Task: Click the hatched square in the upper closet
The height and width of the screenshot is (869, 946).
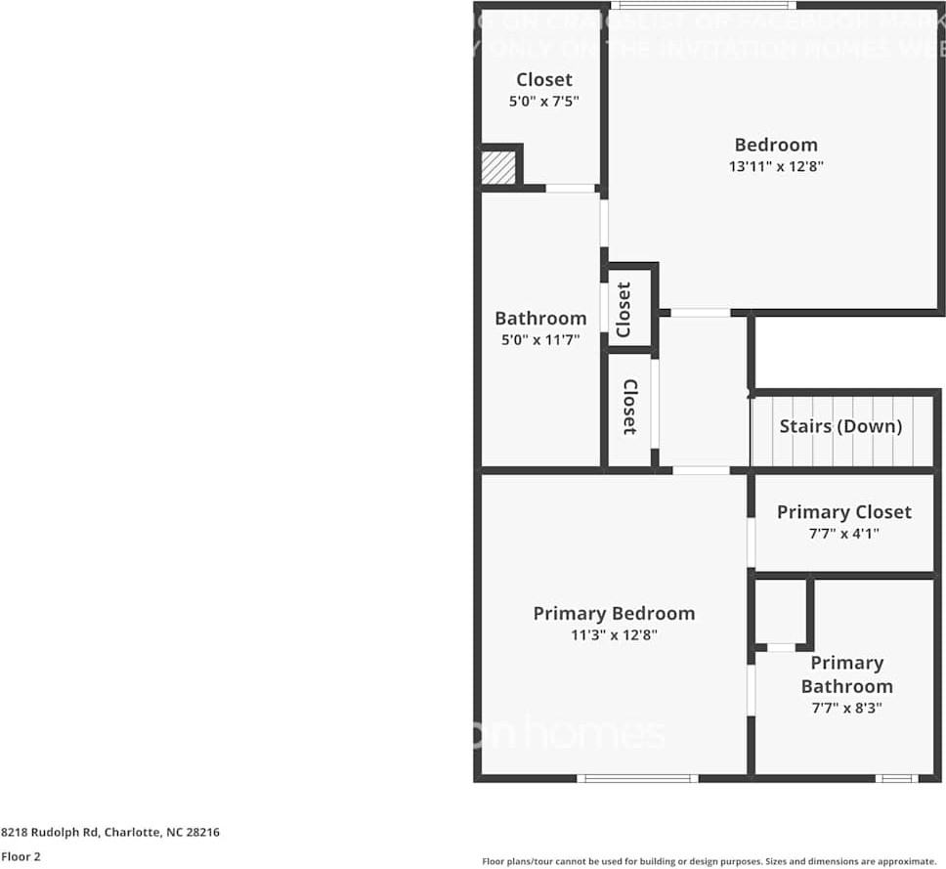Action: (x=498, y=166)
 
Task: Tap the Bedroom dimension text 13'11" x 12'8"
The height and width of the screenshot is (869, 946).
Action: (x=776, y=166)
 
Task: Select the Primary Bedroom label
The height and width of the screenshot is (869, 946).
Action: (x=614, y=613)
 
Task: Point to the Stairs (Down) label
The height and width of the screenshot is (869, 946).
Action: (x=840, y=426)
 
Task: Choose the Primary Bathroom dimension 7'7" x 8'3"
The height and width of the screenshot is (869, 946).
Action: (x=846, y=708)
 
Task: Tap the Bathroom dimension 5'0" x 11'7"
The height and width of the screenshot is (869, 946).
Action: (x=540, y=340)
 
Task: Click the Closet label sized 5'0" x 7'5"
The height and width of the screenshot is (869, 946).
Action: (x=544, y=79)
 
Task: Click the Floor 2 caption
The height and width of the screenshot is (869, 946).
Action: (x=21, y=856)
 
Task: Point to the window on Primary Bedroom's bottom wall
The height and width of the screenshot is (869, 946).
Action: (x=637, y=778)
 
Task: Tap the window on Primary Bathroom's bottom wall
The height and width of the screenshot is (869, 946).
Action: (x=896, y=778)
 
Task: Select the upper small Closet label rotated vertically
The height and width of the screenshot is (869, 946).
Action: (x=623, y=309)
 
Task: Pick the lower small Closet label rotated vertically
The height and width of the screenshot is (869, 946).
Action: (x=630, y=407)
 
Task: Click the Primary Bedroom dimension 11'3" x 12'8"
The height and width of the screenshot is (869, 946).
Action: (x=614, y=634)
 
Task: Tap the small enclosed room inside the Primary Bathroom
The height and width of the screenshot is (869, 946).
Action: (x=781, y=612)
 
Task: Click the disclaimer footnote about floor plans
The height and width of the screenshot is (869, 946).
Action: (x=709, y=860)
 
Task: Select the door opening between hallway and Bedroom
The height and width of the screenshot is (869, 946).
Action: (x=701, y=313)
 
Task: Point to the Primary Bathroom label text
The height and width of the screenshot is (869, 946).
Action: (x=846, y=674)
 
